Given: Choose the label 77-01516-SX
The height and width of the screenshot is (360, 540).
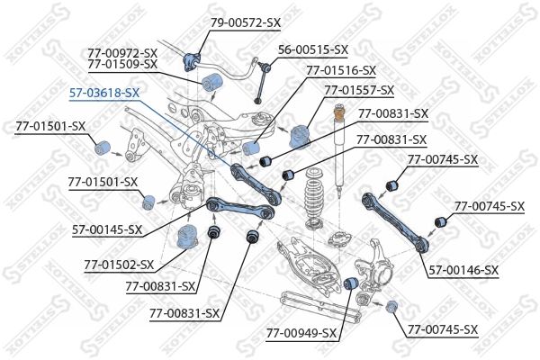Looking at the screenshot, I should pos(341,69).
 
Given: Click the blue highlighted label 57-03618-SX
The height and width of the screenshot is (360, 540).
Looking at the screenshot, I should pos(104,92).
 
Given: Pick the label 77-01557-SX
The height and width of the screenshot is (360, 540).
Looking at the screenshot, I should pos(359,90).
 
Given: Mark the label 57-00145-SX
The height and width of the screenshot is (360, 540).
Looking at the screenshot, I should pos(106,229).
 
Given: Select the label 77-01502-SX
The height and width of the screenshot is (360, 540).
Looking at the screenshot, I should pos(119,265).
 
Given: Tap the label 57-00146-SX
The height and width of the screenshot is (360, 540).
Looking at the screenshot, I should pos(463,269).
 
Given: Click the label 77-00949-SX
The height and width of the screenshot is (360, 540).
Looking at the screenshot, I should pos(301,333).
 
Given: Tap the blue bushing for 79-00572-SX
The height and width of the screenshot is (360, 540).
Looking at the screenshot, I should pos(190,60).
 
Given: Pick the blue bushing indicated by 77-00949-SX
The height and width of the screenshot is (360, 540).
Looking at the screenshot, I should pos(353,285).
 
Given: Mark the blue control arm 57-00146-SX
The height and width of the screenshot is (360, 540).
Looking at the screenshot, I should pos(396,216).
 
